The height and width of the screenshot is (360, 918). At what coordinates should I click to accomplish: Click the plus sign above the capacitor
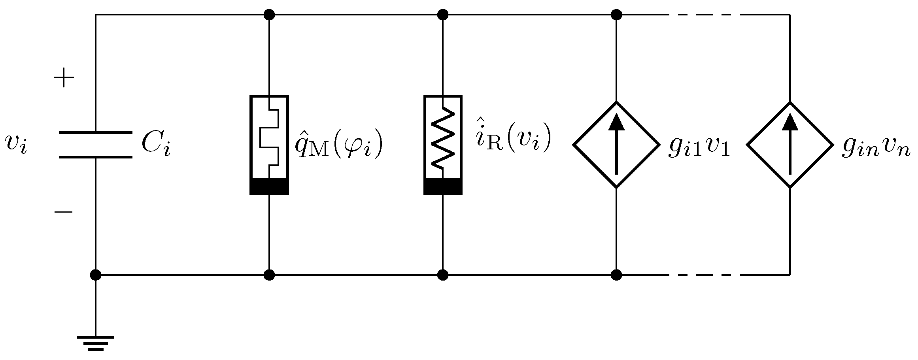[x=64, y=79]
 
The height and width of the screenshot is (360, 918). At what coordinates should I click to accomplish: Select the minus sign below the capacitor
[x=64, y=212]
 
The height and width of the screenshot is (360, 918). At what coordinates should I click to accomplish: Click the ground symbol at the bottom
[x=95, y=343]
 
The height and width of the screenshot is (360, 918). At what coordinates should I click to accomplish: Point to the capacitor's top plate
[x=95, y=133]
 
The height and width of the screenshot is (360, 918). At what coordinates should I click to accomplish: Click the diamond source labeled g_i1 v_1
[x=616, y=145]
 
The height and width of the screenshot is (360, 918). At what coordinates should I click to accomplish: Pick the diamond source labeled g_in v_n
[x=790, y=145]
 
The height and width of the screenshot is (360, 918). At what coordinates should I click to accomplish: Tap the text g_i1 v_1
[x=699, y=147]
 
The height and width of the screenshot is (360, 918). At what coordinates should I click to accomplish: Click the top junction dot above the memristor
[x=269, y=15]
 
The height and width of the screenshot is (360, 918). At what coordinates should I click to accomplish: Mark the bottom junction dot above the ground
[x=95, y=275]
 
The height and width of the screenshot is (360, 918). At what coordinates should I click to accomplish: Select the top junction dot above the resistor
[x=443, y=15]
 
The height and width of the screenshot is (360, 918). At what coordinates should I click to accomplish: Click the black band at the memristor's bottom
[x=269, y=186]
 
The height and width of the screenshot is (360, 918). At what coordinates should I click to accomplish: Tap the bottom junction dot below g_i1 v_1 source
[x=616, y=275]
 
